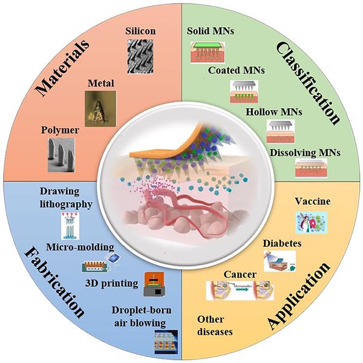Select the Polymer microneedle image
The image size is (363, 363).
click(62, 155)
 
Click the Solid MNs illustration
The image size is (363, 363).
click(209, 53)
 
